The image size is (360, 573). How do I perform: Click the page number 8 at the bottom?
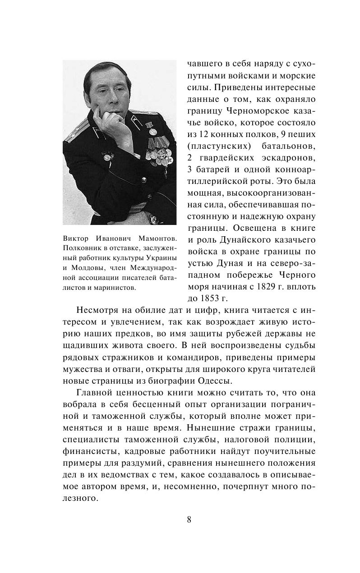click(x=189, y=519)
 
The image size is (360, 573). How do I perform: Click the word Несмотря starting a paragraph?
click(x=94, y=311)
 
